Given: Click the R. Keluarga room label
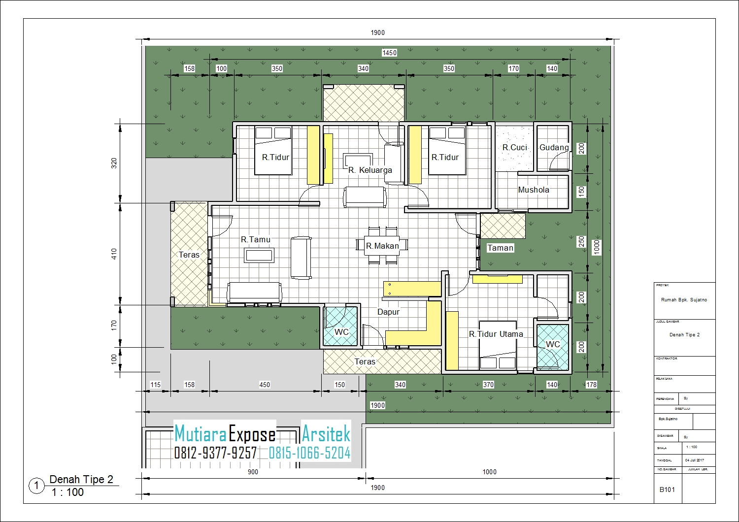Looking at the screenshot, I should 370,170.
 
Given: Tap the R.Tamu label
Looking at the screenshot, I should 255,240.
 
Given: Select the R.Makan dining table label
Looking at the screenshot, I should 382,246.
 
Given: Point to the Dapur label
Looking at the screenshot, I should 388,312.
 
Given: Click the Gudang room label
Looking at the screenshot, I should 554,147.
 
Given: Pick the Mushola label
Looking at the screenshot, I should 534,190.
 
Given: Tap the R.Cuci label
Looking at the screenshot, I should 515,147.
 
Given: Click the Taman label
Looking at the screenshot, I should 500,248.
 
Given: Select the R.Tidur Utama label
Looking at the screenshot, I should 496,334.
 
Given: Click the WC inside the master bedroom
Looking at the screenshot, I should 553,344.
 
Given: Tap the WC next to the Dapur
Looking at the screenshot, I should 341,332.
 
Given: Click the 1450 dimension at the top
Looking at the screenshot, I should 389,53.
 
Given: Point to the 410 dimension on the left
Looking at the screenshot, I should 114,254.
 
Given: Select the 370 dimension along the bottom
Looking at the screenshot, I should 488,385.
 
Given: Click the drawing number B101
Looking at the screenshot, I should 667,489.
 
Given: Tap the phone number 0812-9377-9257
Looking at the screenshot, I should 215,453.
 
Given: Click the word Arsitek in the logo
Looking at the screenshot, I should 326,434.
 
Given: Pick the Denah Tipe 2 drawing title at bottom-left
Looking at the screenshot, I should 81,479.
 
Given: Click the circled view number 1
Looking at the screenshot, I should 36,486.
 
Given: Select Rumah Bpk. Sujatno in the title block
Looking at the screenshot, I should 684,299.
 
